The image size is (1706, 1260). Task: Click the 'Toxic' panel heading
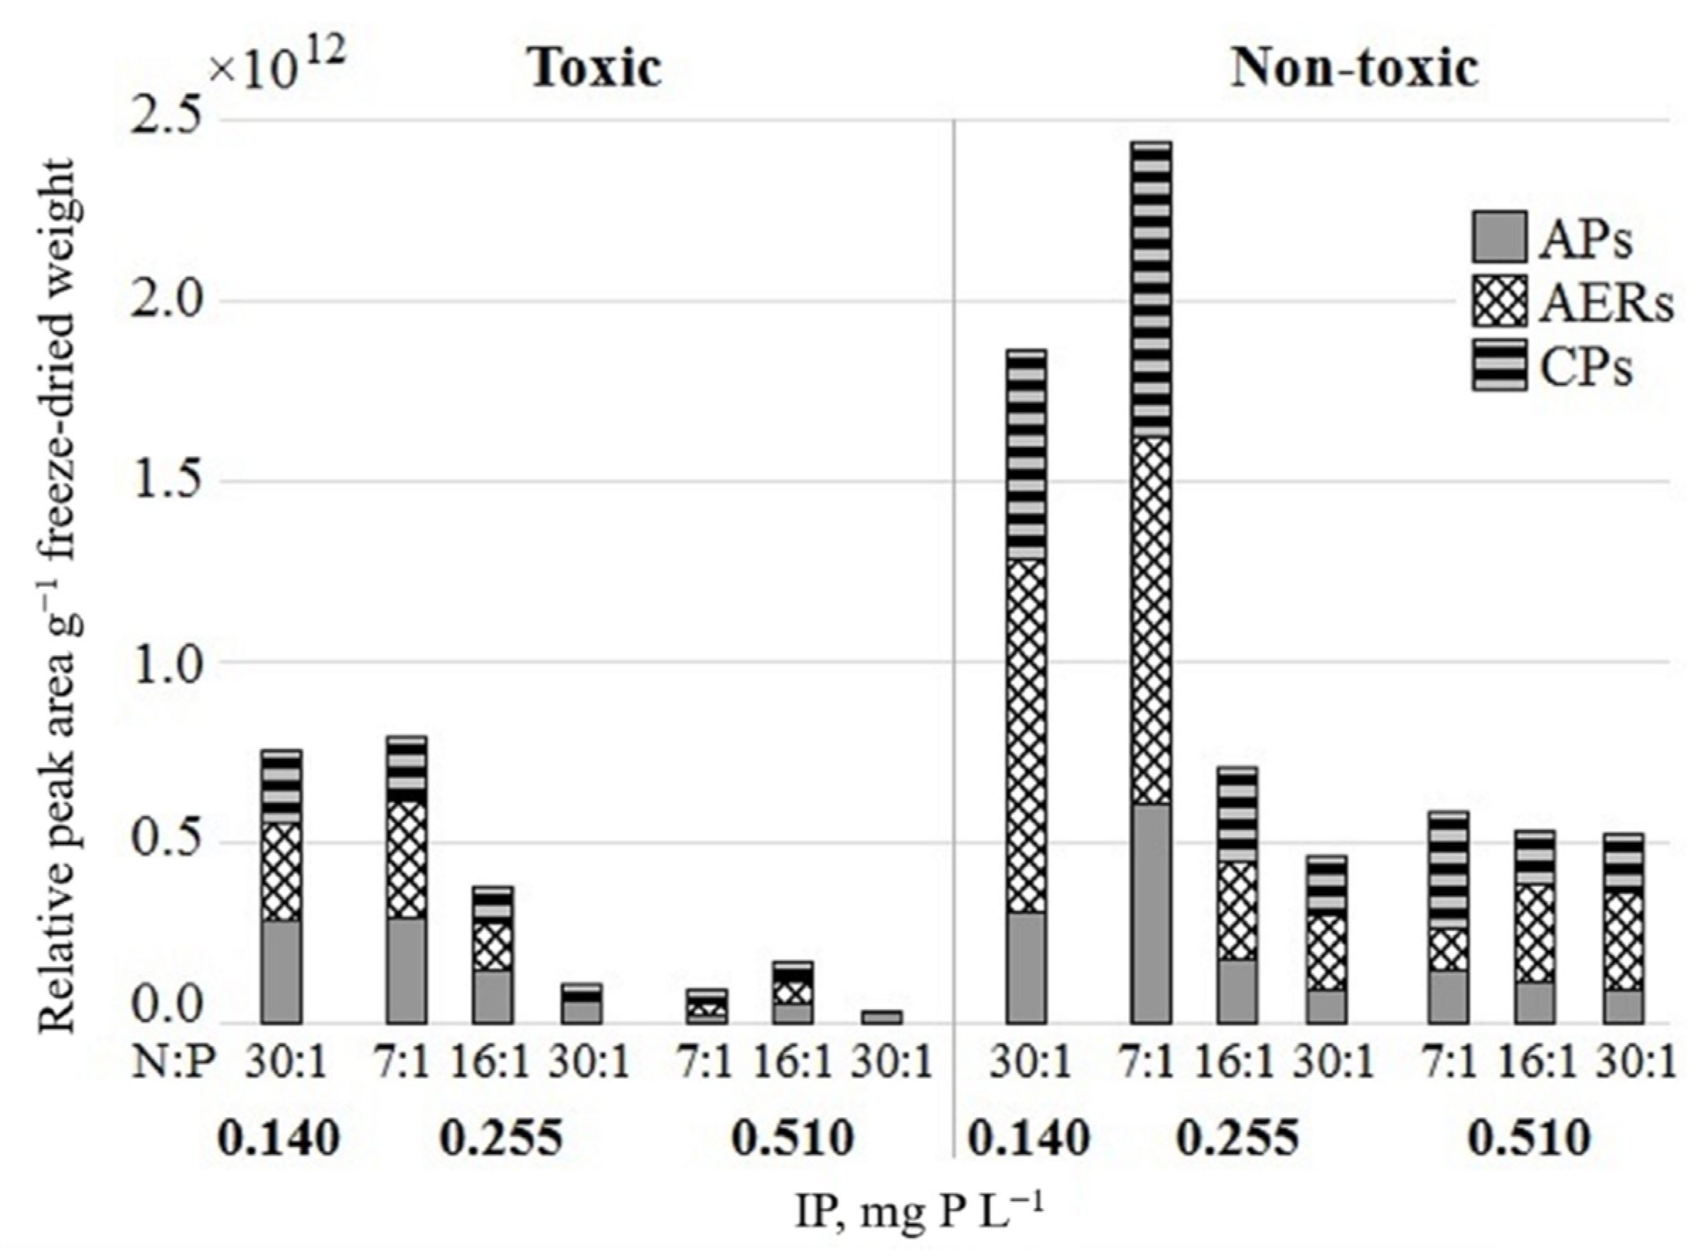coord(594,69)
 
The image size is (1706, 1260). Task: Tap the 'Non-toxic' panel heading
coord(1355,69)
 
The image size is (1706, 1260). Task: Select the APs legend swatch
coord(1499,237)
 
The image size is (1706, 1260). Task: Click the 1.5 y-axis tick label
coord(163,480)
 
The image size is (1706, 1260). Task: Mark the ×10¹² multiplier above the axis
coord(279,70)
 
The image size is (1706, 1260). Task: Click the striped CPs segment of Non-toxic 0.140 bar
coord(1026,455)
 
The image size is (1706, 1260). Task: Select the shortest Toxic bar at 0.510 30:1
coord(882,1017)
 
